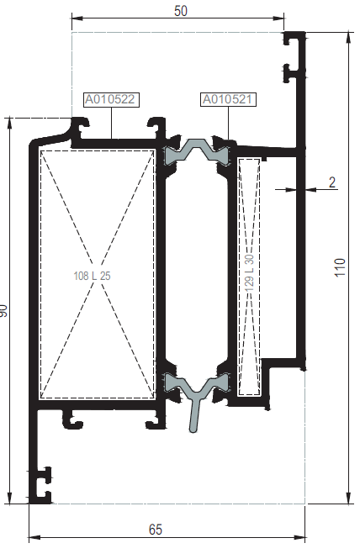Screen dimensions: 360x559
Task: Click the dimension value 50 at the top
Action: click(181, 11)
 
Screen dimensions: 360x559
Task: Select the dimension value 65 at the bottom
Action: click(156, 530)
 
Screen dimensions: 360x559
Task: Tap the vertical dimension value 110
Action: click(340, 267)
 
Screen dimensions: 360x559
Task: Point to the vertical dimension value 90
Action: click(3, 310)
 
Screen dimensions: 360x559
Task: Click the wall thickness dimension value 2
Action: click(332, 182)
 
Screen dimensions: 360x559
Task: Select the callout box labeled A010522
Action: click(111, 99)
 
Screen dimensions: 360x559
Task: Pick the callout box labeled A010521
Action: click(228, 99)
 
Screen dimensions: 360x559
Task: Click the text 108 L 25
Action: click(92, 276)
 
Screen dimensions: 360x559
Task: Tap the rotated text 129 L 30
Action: click(250, 272)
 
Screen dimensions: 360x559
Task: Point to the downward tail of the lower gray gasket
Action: click(194, 414)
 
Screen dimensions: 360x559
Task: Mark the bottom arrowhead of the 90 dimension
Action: click(9, 498)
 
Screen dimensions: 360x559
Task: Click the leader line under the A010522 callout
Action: click(112, 123)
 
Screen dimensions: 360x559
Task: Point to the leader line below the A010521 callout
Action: click(228, 124)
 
